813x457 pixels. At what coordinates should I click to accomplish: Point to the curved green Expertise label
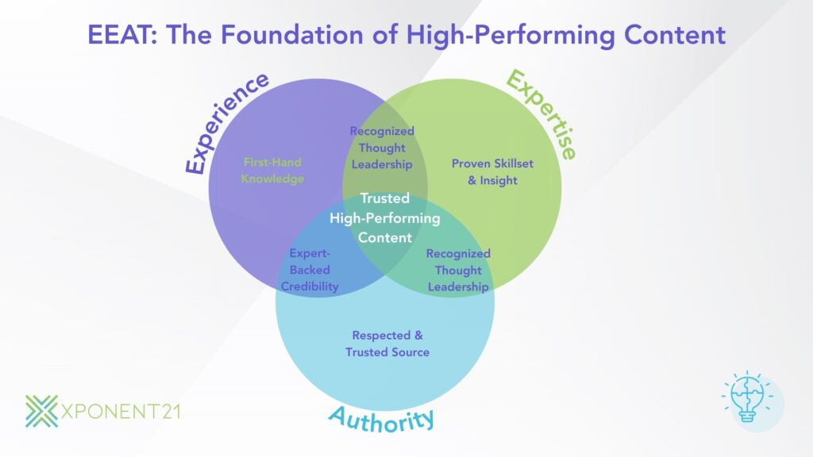[542, 113]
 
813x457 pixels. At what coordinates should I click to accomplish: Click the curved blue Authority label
[382, 418]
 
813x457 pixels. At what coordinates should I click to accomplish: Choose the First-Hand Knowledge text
[273, 171]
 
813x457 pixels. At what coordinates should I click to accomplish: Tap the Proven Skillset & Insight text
[492, 171]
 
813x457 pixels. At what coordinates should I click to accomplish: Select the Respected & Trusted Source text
[387, 344]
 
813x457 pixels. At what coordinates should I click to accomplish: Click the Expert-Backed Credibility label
[310, 270]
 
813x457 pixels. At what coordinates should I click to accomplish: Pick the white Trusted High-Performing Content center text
[385, 217]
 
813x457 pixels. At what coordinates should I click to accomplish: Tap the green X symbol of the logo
[41, 410]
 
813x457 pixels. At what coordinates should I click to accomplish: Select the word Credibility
[310, 286]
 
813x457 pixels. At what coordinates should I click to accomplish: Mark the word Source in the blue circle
[410, 351]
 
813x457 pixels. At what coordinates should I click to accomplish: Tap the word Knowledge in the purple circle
[273, 179]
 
